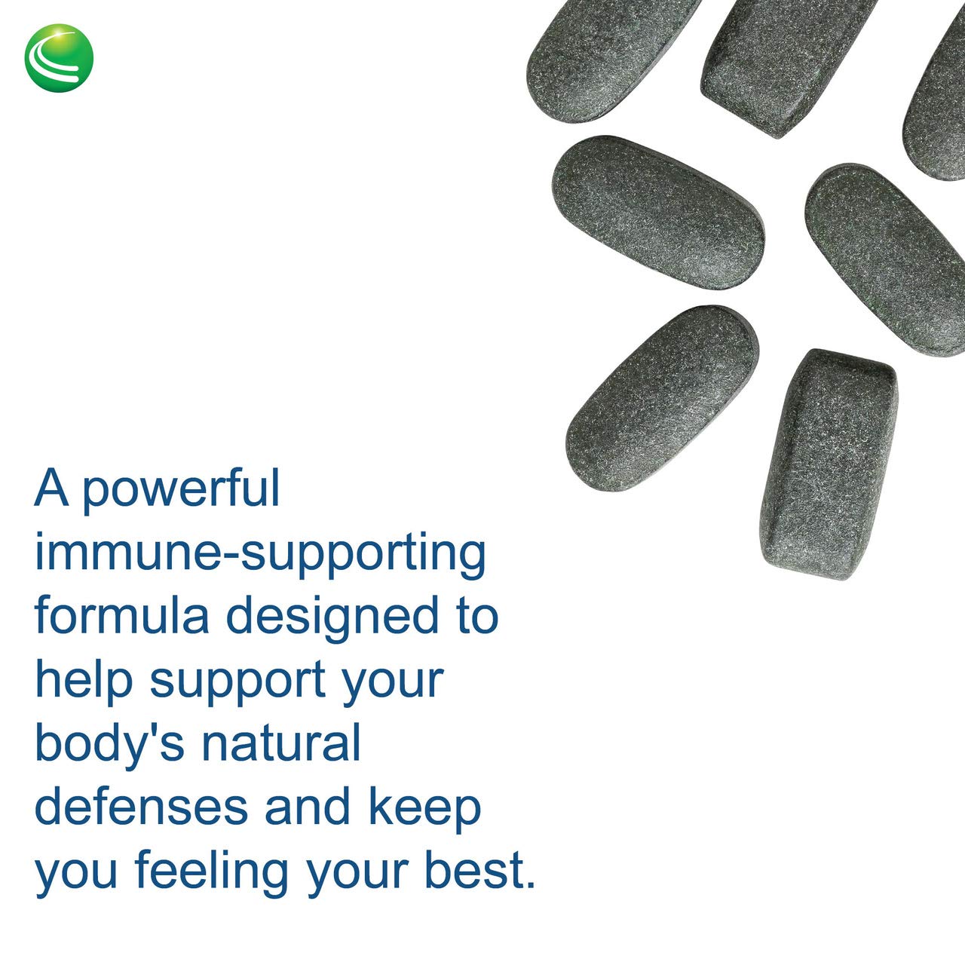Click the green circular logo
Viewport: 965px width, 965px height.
pos(59,58)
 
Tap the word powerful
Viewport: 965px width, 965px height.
pos(181,488)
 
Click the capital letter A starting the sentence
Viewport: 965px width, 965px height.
pos(51,488)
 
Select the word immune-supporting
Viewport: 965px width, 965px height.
pos(260,554)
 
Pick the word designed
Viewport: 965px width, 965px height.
pos(332,617)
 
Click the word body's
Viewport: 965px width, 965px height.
pos(109,745)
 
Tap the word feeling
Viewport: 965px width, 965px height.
pos(211,872)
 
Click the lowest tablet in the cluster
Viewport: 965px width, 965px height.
pos(828,463)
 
